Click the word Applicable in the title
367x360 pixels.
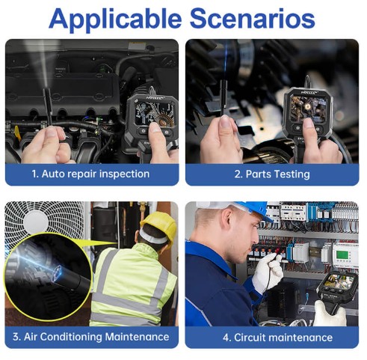(x=115, y=19)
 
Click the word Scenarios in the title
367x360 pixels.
(x=253, y=19)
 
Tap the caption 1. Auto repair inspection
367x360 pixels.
(x=90, y=174)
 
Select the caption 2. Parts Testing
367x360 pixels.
(x=272, y=174)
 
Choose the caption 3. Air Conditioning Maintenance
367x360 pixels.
(x=91, y=337)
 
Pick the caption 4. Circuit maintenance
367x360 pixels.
(x=277, y=338)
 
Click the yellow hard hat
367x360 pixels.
(x=159, y=227)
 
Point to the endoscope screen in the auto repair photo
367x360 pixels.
(x=155, y=114)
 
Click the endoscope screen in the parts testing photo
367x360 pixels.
(x=309, y=109)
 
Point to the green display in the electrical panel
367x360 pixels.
(x=342, y=254)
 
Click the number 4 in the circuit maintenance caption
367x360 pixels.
(x=226, y=338)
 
